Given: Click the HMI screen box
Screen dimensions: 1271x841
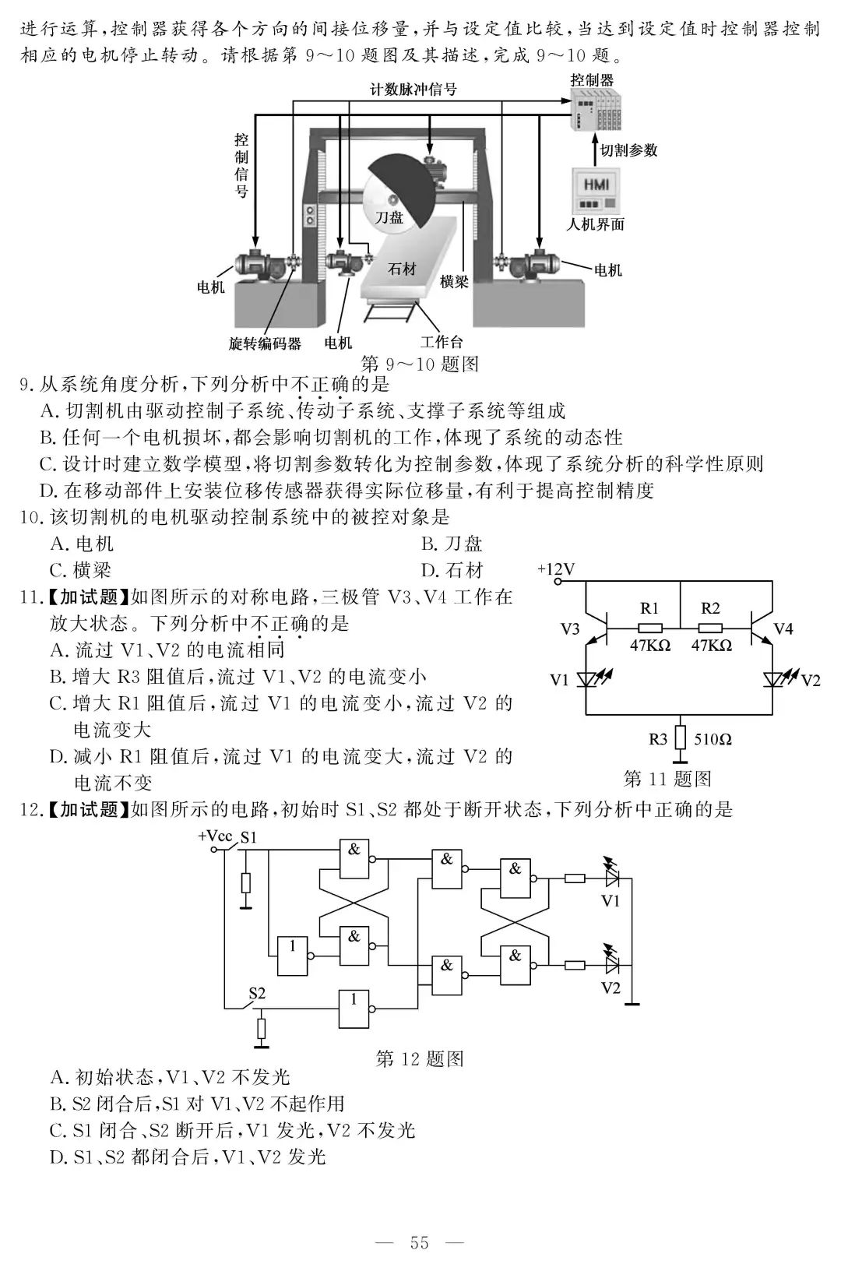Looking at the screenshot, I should click(596, 185).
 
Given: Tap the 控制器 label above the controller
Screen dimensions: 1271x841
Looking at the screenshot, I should click(592, 79).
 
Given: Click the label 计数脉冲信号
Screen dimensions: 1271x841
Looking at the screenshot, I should click(413, 90).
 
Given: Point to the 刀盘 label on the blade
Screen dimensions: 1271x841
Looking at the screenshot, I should click(389, 217).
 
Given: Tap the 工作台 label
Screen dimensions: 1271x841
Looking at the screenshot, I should click(442, 342).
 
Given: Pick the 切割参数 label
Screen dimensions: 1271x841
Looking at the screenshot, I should click(629, 150).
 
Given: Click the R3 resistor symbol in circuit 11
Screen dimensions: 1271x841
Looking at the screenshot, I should click(680, 737).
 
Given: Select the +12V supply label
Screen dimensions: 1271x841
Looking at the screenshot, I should click(555, 569).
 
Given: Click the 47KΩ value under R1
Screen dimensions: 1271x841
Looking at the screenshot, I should click(650, 645).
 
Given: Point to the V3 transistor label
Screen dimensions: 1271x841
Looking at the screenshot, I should click(570, 629).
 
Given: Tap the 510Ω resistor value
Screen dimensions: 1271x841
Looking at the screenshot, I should click(713, 738).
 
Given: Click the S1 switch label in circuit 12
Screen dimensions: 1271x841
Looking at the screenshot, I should click(248, 838).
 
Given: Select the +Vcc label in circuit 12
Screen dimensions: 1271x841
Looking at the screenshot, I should click(215, 836).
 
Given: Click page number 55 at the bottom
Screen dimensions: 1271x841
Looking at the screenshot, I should click(420, 1243).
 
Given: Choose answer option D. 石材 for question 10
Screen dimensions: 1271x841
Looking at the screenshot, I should click(452, 570).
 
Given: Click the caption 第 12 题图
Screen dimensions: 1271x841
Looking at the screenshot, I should click(420, 1058).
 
